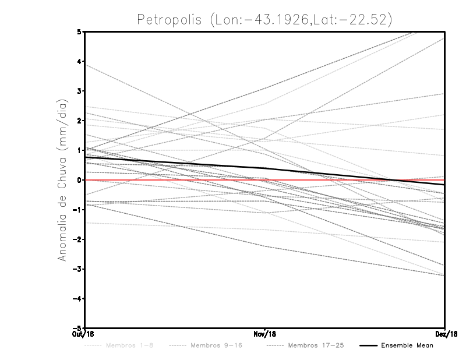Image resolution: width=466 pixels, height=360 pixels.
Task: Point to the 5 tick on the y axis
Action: pos(80,31)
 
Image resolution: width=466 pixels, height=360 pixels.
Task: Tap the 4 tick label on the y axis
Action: pos(80,61)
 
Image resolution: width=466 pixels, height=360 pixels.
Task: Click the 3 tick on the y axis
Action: pos(80,91)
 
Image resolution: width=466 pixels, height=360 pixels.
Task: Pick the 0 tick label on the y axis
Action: pos(80,180)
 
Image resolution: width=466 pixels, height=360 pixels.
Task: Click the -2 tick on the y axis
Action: pos(78,239)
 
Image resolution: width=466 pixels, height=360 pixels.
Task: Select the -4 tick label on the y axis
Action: pos(78,298)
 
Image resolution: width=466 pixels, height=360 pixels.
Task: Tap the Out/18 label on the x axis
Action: pos(84,334)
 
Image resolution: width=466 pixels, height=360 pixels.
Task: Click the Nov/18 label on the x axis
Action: pos(265,334)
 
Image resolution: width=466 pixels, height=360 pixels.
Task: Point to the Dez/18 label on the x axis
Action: pos(446,334)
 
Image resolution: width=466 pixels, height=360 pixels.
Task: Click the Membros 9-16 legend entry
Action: pos(215,346)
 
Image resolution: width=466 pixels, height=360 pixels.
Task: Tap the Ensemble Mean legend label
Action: pos(407,346)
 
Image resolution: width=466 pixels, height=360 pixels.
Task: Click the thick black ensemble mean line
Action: pos(175,163)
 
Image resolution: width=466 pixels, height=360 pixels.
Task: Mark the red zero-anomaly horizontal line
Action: pos(146,180)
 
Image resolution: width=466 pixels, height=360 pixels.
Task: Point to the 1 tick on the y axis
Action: pos(80,150)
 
